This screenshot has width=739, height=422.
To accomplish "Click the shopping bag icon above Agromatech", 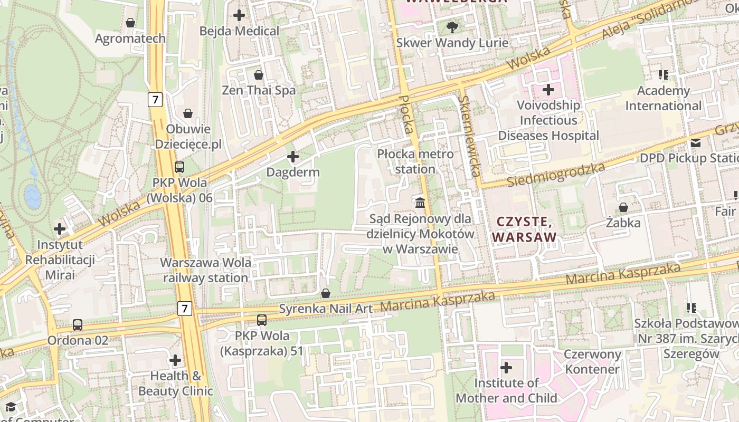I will click(x=130, y=23).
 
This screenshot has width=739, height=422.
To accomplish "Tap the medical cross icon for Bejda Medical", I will click(x=239, y=15).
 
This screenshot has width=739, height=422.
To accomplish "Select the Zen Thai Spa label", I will click(x=259, y=90).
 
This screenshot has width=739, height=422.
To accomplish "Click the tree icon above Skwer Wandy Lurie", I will click(x=452, y=27).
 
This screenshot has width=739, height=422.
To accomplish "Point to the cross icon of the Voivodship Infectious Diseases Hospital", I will click(x=548, y=90).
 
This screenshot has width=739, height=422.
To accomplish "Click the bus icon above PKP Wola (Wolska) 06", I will click(x=179, y=167).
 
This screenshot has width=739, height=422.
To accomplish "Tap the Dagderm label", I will click(x=293, y=172).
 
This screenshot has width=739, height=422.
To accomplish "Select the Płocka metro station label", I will click(x=415, y=161).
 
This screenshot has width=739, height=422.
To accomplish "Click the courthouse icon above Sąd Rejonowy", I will click(x=420, y=203).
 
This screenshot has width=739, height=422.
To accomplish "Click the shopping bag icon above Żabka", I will click(x=623, y=207).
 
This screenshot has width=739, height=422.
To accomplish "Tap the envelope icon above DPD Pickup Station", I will click(x=696, y=142).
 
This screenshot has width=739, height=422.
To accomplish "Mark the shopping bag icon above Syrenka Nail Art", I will click(x=326, y=293).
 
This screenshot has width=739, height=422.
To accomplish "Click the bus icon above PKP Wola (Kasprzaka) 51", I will click(x=262, y=320).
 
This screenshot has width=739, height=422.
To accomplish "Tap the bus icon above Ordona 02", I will click(x=78, y=325).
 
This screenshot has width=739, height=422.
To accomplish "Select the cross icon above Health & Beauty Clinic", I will click(x=175, y=361).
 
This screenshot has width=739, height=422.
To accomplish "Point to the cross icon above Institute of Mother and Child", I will click(x=506, y=367).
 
